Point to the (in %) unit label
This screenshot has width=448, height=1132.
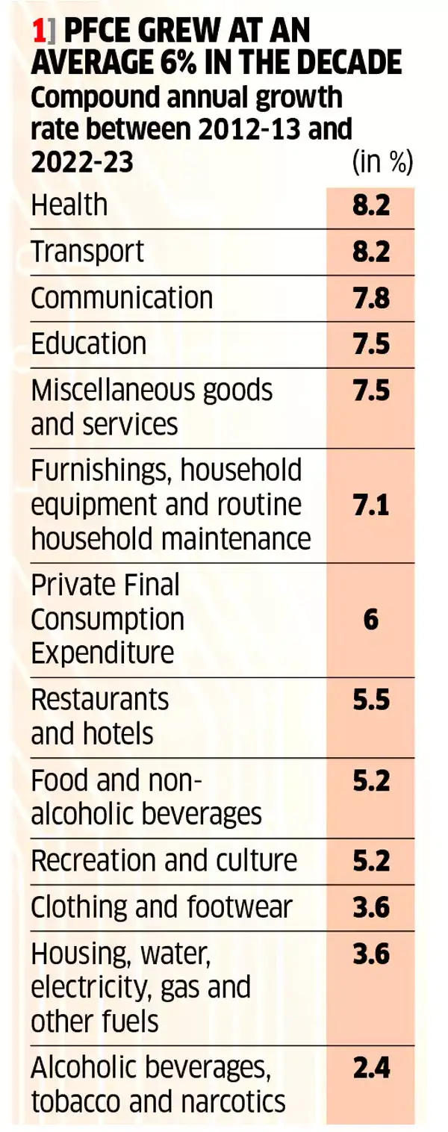[x=382, y=162]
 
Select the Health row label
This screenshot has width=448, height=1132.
[x=69, y=205]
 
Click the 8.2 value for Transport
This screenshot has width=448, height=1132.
[x=371, y=251]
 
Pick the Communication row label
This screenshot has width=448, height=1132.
[x=122, y=297]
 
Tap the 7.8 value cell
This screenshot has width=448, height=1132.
[x=371, y=297]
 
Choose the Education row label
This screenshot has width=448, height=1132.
[x=89, y=343]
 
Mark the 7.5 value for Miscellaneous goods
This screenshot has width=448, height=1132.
[x=371, y=391]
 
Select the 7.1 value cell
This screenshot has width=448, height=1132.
[x=371, y=505]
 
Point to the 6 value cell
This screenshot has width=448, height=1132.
[x=371, y=619]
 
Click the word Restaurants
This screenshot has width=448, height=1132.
[x=100, y=700]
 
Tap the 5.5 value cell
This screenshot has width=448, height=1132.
[x=371, y=700]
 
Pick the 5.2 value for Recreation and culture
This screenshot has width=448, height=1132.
[x=371, y=861]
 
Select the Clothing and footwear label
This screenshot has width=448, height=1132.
[x=161, y=907]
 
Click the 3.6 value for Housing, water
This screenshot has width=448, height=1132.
[x=371, y=954]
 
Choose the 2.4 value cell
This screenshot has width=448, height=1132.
[x=371, y=1068]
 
